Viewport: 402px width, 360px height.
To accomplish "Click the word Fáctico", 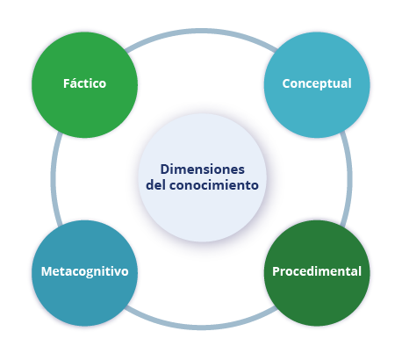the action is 84,83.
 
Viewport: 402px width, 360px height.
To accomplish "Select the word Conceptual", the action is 317,84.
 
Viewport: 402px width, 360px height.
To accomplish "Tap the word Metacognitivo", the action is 85,271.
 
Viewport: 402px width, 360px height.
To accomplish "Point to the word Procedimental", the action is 317,271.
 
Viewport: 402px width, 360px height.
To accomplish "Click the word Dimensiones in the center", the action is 203,169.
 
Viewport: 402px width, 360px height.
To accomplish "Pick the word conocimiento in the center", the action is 214,185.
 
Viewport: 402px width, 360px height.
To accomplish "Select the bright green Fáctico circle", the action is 84,84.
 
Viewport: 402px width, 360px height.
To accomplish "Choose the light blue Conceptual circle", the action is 317,84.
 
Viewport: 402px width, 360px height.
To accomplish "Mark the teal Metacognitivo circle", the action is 84,273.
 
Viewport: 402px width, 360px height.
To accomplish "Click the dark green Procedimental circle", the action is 317,273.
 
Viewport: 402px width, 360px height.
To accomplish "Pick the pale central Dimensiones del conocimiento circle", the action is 202,177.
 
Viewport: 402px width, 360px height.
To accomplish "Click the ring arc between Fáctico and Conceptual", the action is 201,31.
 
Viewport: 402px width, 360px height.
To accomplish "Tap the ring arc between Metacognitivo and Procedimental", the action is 201,328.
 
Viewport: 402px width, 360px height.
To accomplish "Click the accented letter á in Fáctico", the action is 74,83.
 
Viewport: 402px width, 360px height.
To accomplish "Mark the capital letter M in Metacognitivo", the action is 47,271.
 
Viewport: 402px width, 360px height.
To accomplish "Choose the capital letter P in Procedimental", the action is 276,271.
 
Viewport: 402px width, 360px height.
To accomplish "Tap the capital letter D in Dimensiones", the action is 165,169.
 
